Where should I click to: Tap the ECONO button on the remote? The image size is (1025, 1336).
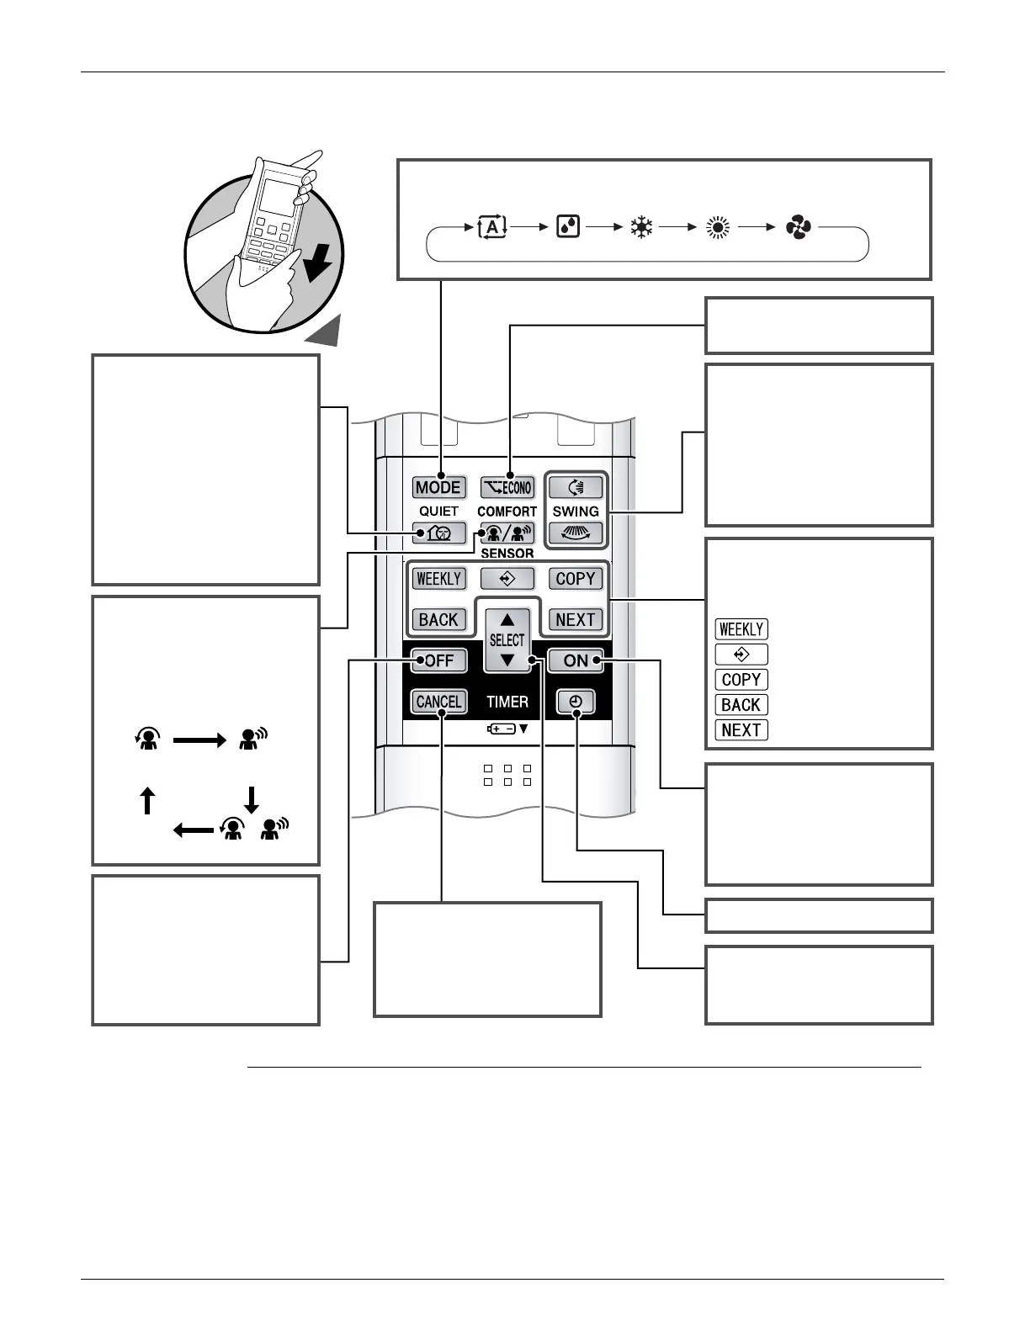507,487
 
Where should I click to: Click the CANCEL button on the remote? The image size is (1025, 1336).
438,702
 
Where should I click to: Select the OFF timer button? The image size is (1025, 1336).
438,660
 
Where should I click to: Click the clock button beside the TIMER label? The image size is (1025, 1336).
576,702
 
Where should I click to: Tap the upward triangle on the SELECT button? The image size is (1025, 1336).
507,620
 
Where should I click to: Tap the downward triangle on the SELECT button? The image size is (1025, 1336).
507,660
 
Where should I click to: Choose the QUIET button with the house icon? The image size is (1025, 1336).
438,533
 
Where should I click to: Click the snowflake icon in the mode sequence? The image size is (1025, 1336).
642,227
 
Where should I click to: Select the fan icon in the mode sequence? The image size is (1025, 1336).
798,227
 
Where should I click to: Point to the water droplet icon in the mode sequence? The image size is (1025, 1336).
568,227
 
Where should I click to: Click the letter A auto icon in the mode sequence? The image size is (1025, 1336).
491,227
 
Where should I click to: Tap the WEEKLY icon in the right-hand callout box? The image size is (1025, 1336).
741,629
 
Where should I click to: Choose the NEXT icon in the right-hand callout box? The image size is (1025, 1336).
741,730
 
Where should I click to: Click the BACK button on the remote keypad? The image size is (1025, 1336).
438,620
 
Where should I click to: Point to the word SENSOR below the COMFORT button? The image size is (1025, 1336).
507,554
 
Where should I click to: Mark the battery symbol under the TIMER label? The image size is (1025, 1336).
502,729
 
